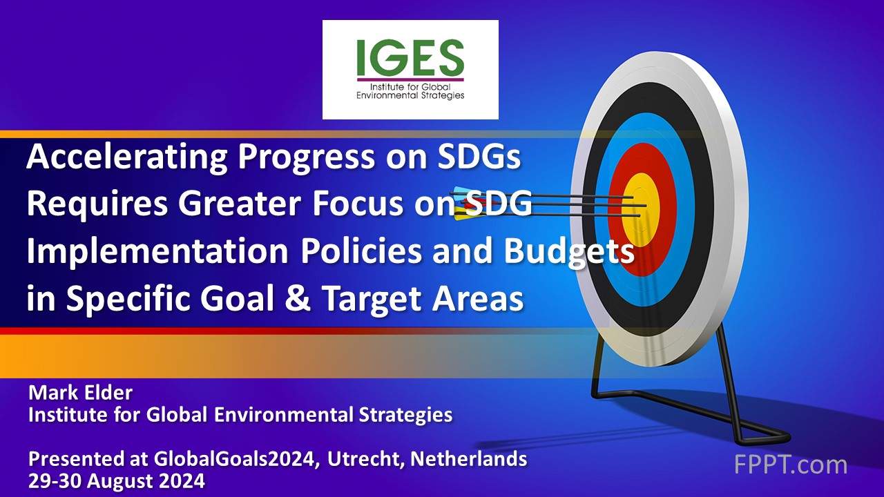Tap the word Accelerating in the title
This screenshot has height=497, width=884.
tap(126, 159)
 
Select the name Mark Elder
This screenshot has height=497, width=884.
tap(80, 393)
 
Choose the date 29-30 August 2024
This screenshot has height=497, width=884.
tap(117, 480)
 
